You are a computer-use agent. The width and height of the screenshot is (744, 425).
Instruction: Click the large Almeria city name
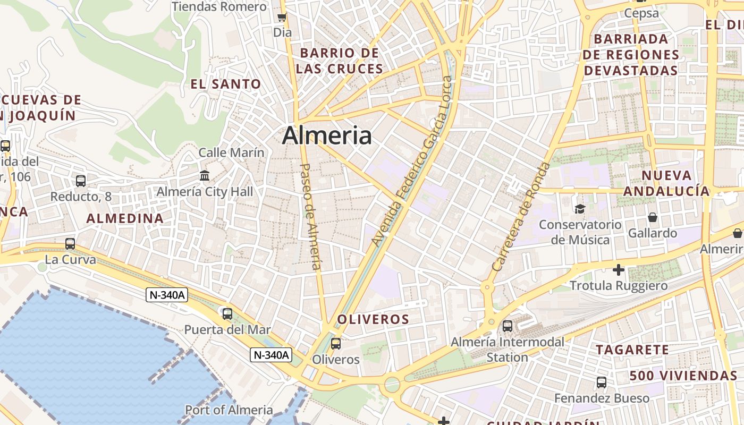click(x=326, y=135)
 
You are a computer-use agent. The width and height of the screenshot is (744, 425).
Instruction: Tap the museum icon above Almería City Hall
click(x=205, y=175)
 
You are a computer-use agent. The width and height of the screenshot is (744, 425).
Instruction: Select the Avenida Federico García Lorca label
click(x=412, y=161)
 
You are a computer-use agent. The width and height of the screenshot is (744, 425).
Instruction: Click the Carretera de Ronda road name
click(x=521, y=217)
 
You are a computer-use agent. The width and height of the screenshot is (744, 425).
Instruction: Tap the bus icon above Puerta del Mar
click(x=227, y=313)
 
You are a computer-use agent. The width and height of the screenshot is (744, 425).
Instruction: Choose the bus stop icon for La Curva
click(x=70, y=244)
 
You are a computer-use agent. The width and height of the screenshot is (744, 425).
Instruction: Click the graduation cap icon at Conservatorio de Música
click(x=579, y=209)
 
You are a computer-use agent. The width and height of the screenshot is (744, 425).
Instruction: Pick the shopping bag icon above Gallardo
click(x=652, y=217)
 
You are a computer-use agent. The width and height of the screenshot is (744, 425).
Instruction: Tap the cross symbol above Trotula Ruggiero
click(x=619, y=270)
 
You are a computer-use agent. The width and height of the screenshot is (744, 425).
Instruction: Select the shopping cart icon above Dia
click(x=282, y=18)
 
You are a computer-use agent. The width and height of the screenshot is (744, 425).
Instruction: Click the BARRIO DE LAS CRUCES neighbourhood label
click(x=340, y=61)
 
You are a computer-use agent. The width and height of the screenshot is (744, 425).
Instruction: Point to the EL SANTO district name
click(x=226, y=84)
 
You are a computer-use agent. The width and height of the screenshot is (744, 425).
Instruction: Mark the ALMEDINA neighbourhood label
click(x=125, y=218)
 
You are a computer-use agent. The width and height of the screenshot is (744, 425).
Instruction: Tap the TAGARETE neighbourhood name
click(x=632, y=350)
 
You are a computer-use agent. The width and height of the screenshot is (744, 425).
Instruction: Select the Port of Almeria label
click(x=229, y=410)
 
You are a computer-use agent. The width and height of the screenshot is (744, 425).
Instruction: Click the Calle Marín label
click(x=231, y=153)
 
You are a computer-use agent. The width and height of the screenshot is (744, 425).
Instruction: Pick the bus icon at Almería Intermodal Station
click(x=508, y=326)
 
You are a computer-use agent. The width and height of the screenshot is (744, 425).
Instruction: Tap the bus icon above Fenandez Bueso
click(x=602, y=382)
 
